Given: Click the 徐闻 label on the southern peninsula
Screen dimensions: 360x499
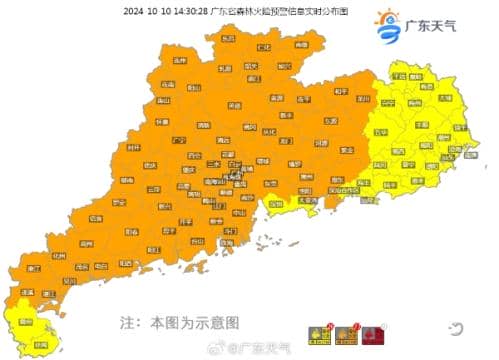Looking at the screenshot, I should click(x=40, y=343).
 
